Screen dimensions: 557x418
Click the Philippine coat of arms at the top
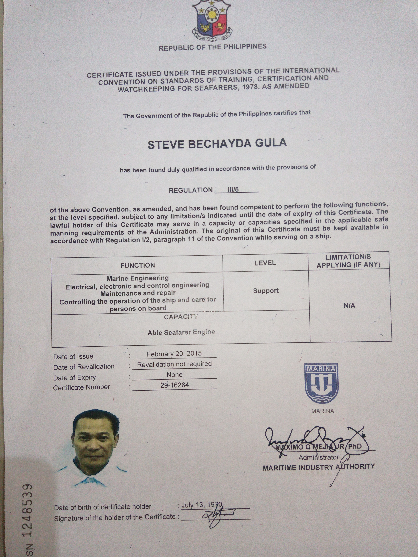pyautogui.click(x=212, y=20)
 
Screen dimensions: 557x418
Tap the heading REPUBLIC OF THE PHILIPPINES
pyautogui.click(x=212, y=47)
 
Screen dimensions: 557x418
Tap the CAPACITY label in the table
pyautogui.click(x=181, y=317)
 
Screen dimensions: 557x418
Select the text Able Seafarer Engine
pyautogui.click(x=181, y=332)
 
